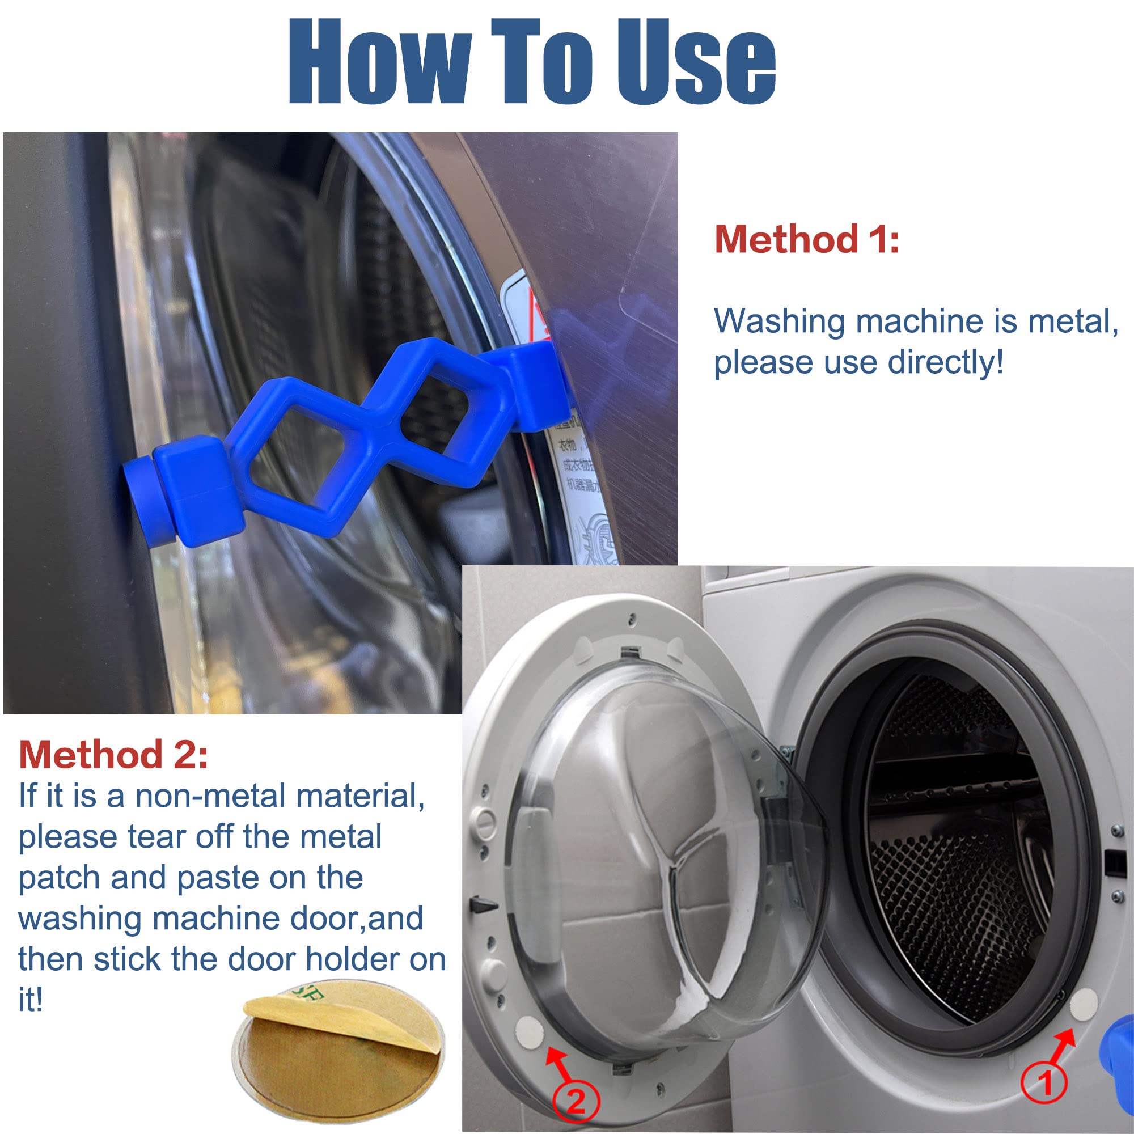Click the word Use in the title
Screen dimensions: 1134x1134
pos(696,62)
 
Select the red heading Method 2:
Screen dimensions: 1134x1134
pos(113,755)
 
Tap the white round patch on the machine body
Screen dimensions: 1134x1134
pos(1084,1004)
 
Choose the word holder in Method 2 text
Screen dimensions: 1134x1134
pos(352,960)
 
